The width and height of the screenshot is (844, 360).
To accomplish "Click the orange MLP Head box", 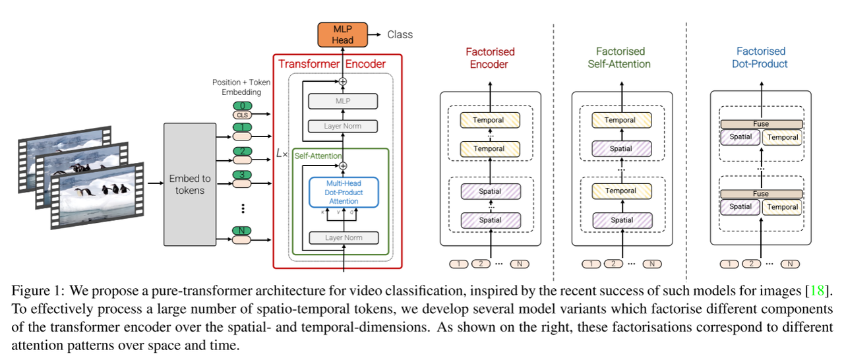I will pos(342,34).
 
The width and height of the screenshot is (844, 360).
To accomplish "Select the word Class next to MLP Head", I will pos(400,34).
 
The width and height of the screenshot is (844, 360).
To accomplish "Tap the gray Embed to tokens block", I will pos(189,184).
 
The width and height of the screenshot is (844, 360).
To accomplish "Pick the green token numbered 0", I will pos(243,105).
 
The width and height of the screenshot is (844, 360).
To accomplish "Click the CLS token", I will pos(243,115).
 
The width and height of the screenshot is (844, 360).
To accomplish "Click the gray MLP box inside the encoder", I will pos(343,101).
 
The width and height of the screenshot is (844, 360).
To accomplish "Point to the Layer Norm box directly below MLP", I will pos(343,126).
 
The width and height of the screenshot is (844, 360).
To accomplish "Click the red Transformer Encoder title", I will pos(332,64).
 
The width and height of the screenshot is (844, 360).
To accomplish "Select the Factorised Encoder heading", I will pos(490,58).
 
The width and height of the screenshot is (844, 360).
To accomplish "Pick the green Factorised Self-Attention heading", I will pos(620,58).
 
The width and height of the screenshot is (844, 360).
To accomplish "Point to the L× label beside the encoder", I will pos(282,153).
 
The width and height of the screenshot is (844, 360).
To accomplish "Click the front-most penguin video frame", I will pos(99,195).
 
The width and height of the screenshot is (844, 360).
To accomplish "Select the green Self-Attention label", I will pos(318,156).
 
